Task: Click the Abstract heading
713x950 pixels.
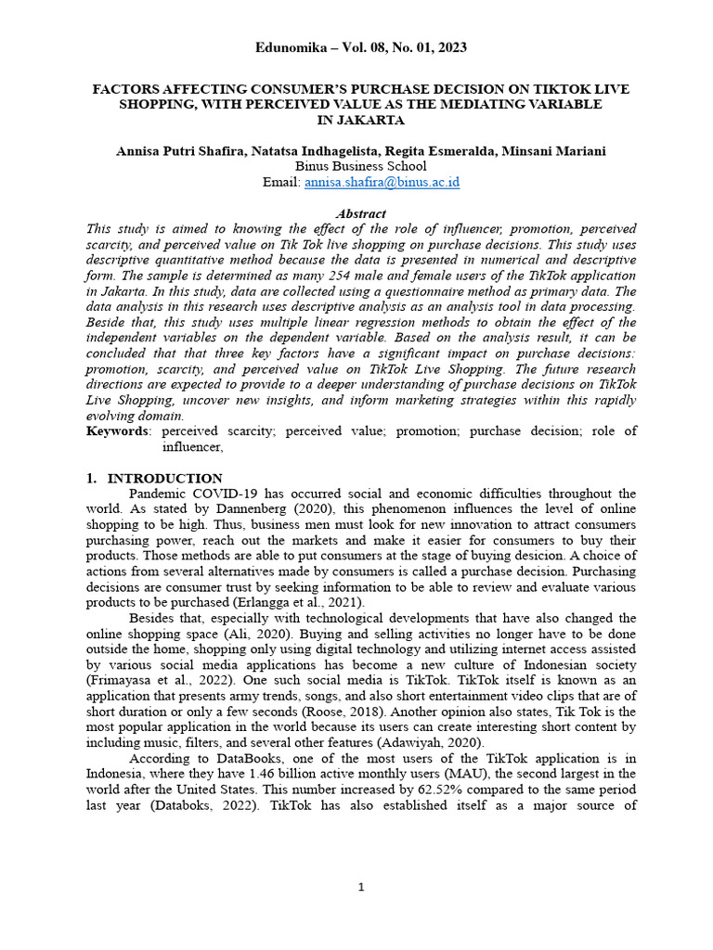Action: (x=361, y=213)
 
